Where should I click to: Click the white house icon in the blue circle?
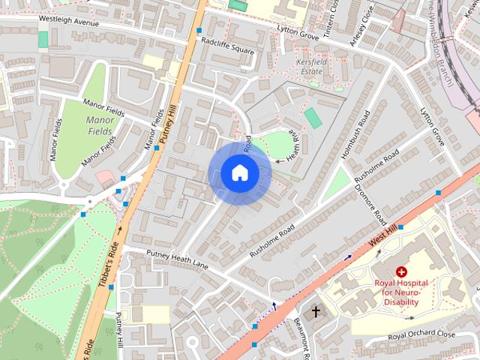(x=239, y=173)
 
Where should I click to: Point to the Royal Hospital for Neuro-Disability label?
(x=401, y=292)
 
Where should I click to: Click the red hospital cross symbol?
(x=401, y=271)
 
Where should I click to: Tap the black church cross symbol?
(x=316, y=310)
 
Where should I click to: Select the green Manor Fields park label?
(x=100, y=125)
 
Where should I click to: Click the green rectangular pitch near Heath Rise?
(x=313, y=118)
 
